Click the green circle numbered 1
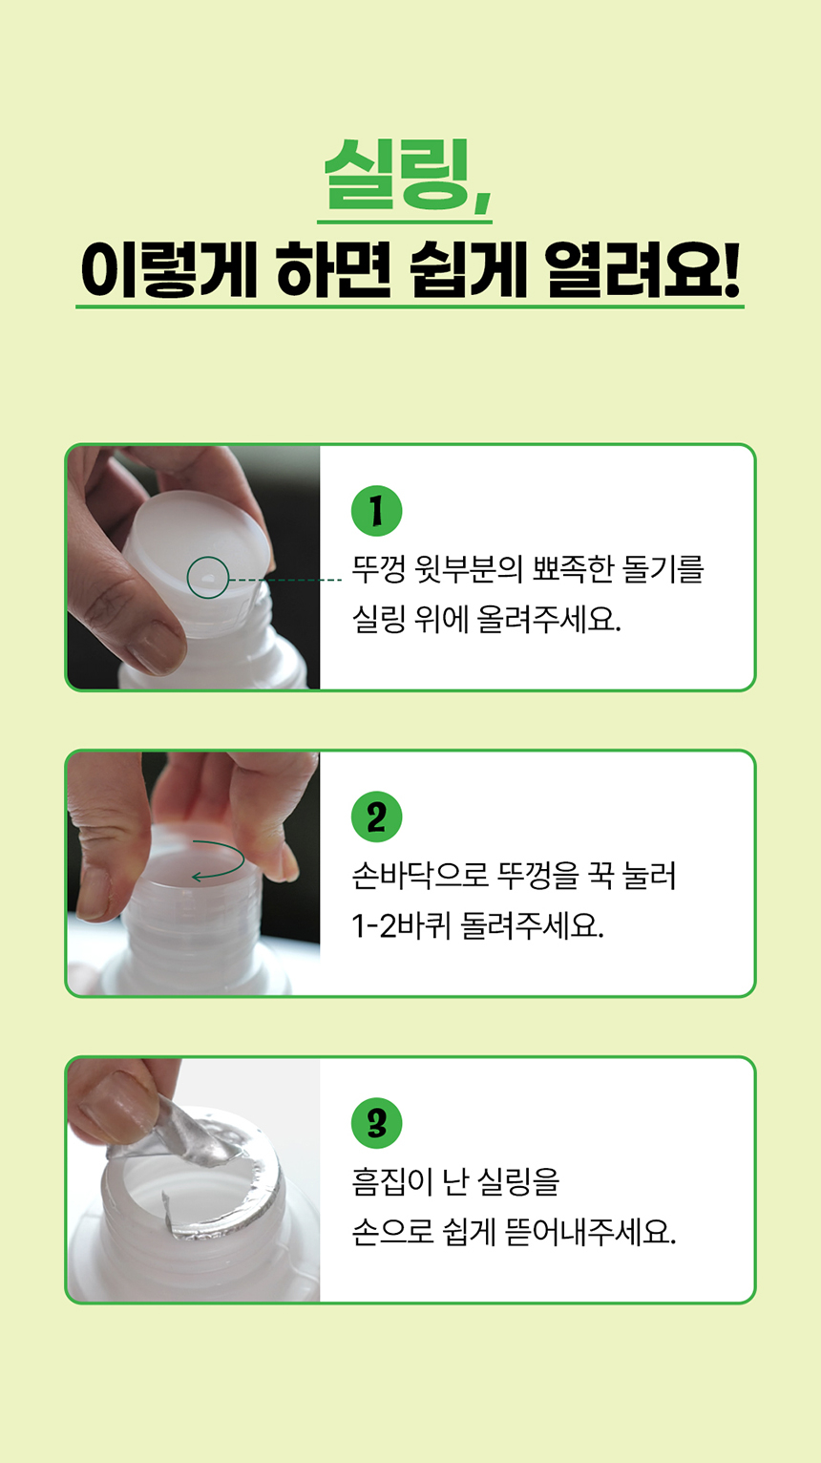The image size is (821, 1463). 377,512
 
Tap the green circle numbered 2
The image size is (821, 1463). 377,817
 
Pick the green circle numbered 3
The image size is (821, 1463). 377,1124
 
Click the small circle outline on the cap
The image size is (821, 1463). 207,578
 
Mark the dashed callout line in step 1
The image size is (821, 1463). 284,580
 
